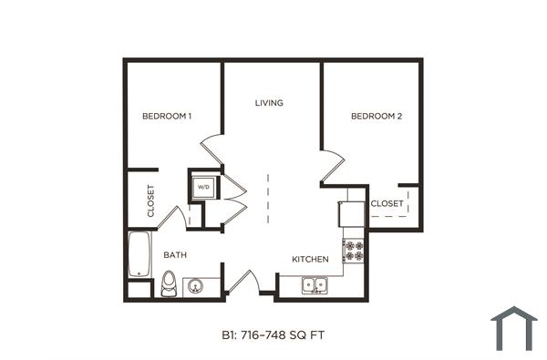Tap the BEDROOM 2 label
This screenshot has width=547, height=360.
(x=377, y=116)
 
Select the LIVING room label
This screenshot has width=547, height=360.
(x=269, y=103)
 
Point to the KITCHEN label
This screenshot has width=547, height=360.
(x=310, y=260)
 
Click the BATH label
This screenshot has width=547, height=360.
(x=175, y=255)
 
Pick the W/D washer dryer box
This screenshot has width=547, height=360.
(x=202, y=188)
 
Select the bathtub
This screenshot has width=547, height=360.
(x=139, y=254)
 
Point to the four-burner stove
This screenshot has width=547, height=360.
(x=353, y=252)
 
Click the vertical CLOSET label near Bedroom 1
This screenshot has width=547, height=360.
(x=150, y=201)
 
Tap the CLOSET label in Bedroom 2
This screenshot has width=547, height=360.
(x=387, y=203)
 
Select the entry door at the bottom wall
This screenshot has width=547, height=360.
(x=242, y=281)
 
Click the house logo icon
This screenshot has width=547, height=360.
(x=513, y=328)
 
